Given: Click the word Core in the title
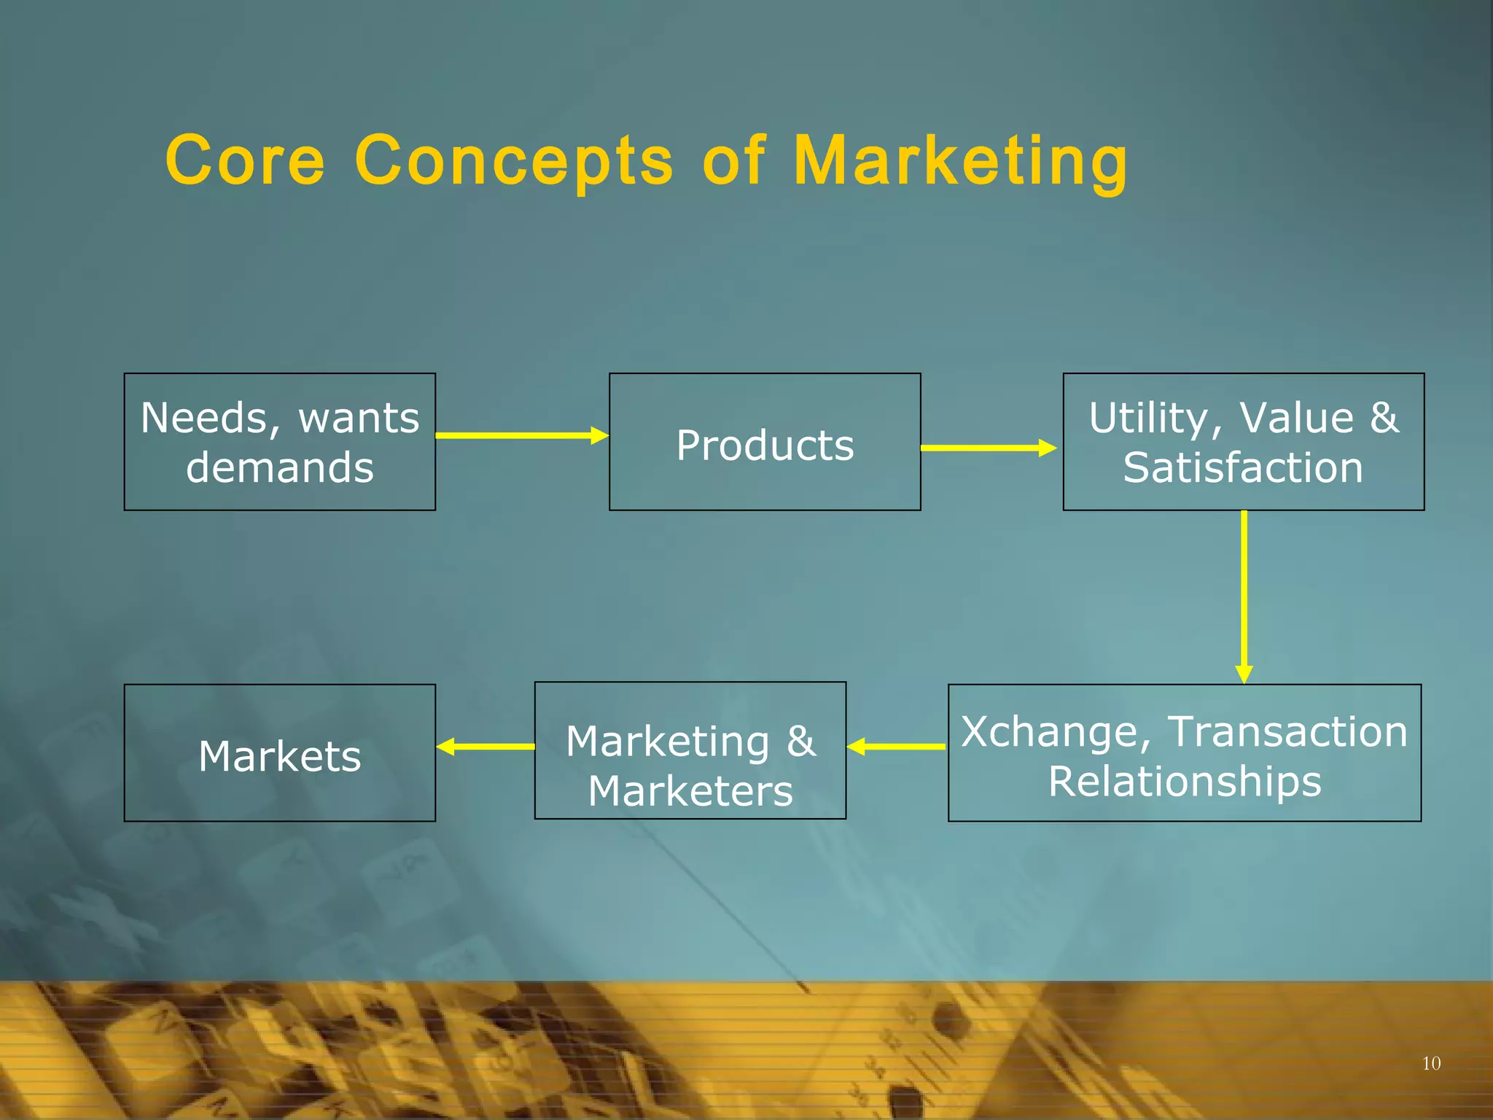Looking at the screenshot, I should click(x=245, y=160).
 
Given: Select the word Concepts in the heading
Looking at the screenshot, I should click(x=514, y=162).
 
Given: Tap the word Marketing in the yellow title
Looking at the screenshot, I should click(x=960, y=162).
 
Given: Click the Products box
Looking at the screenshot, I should click(x=765, y=443).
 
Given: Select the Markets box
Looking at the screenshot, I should click(x=280, y=754).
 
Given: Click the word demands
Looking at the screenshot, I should click(x=280, y=467).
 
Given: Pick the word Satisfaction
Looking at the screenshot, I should click(x=1243, y=467).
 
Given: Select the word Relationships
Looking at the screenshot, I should click(x=1185, y=782).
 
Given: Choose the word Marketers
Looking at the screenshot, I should click(x=690, y=791).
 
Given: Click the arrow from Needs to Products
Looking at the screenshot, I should click(x=522, y=435).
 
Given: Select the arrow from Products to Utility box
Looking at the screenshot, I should click(x=988, y=448).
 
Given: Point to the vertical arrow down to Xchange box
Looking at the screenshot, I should click(x=1244, y=596).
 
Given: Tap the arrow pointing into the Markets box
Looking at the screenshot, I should click(x=486, y=747).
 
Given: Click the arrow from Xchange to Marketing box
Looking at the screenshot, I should click(x=897, y=747).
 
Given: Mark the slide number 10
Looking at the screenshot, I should click(x=1431, y=1063).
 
